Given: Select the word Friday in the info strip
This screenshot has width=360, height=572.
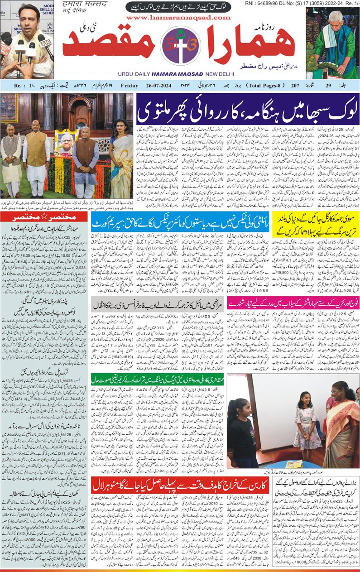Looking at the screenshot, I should tap(130, 85).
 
